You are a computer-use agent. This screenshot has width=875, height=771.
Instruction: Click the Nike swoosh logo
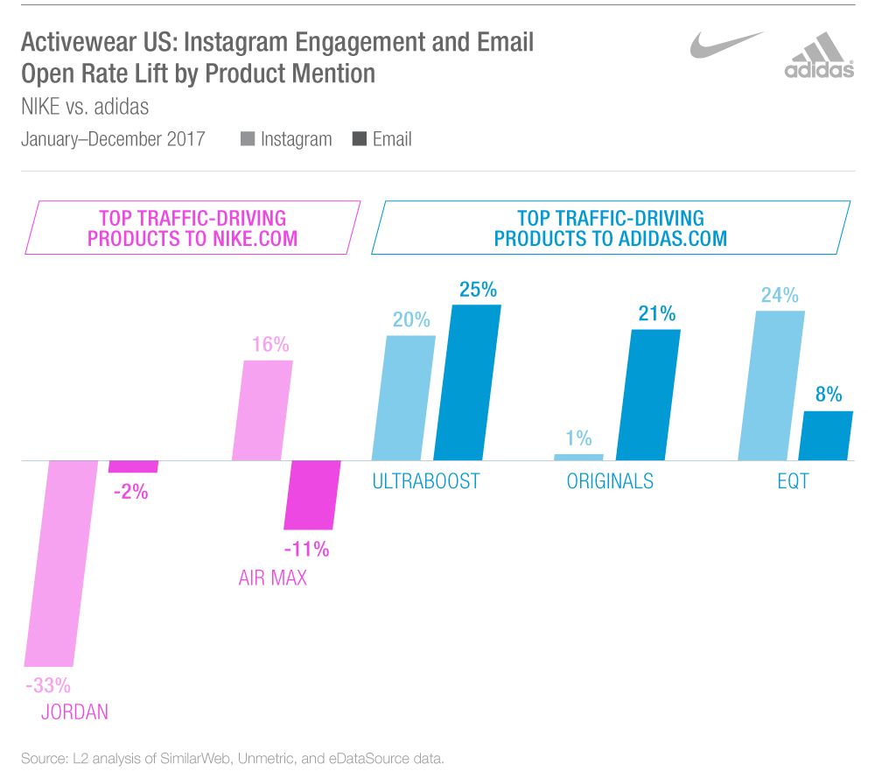point(725,46)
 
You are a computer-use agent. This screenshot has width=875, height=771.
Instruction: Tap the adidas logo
point(819,56)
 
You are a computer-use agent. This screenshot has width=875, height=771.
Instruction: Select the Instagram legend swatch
point(248,139)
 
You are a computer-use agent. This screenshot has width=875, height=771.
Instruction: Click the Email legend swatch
point(359,139)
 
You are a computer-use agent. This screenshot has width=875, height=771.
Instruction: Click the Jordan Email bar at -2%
point(133,466)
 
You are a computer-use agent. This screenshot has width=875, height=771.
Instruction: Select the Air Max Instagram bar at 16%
point(262,410)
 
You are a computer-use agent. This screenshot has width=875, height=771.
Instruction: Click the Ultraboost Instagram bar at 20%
point(403,397)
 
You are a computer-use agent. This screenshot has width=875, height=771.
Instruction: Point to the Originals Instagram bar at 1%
point(578,457)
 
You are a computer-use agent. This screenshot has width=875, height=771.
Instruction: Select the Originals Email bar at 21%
point(647,394)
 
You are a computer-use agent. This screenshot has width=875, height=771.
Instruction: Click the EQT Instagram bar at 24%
point(771,385)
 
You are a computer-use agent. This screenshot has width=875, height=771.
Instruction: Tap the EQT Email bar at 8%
point(827,435)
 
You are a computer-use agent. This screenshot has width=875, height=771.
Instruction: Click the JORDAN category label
point(74,711)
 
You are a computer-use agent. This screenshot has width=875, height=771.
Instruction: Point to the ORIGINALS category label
point(610,481)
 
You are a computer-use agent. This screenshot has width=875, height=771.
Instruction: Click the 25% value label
point(478,290)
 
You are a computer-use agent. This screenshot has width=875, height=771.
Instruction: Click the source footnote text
point(232,757)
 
